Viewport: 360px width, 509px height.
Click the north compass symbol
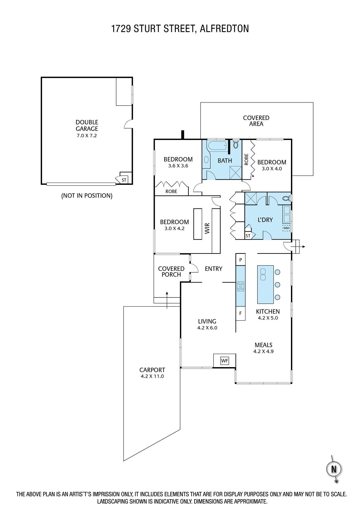click(x=334, y=469)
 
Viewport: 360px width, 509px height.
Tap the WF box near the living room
click(x=224, y=361)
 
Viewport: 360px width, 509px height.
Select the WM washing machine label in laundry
click(x=286, y=228)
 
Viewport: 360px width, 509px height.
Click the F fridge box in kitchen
click(x=240, y=313)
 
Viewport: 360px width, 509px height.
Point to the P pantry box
click(x=240, y=260)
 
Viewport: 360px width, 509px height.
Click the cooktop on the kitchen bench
click(x=241, y=286)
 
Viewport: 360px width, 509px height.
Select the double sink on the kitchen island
click(x=263, y=275)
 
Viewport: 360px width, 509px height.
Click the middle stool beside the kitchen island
click(x=277, y=285)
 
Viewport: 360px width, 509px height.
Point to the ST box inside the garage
click(x=124, y=180)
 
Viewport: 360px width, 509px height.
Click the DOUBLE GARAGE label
click(x=87, y=125)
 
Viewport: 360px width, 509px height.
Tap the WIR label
click(x=207, y=228)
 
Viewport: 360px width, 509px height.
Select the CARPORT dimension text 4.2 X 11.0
click(x=152, y=376)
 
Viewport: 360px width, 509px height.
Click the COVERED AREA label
click(x=256, y=121)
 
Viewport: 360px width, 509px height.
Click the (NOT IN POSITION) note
click(x=87, y=196)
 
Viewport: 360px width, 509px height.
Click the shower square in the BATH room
click(x=236, y=172)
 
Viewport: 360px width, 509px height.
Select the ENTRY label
click(x=214, y=269)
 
